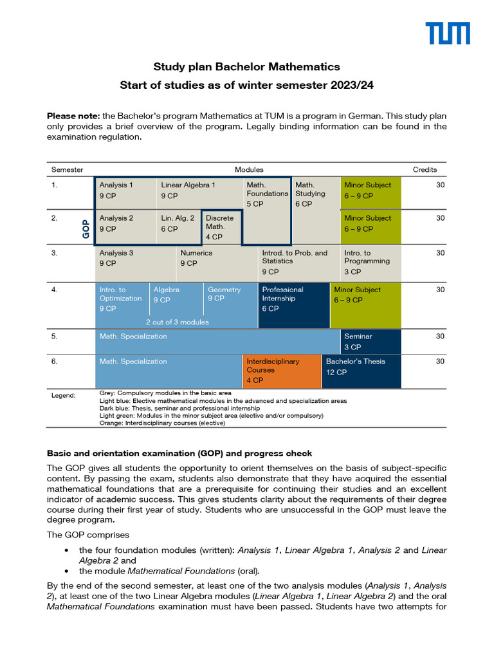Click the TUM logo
(x=448, y=33)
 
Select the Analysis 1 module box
(x=126, y=193)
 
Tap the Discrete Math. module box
(x=222, y=227)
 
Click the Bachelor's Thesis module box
(x=361, y=371)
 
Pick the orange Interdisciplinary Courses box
(x=281, y=371)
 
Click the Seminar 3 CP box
(x=370, y=341)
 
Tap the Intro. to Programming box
(x=370, y=263)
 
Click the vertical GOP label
(x=86, y=228)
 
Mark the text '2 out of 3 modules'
(x=177, y=322)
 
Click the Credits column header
(x=425, y=170)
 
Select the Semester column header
(x=67, y=170)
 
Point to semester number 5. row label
(x=55, y=336)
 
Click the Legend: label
(x=63, y=395)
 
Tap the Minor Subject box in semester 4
(x=365, y=304)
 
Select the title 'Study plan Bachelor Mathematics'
(x=246, y=67)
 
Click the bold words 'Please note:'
(x=71, y=116)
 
